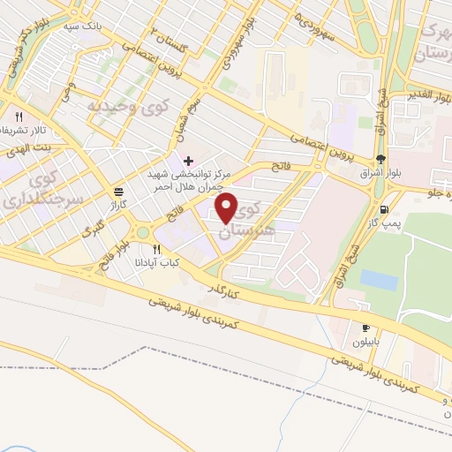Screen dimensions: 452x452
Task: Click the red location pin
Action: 227,208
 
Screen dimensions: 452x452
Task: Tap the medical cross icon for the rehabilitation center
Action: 188,160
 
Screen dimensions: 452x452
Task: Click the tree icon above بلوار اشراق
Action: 380,160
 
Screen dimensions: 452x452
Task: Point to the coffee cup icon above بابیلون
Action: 365,328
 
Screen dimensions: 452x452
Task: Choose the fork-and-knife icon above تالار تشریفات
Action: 18,116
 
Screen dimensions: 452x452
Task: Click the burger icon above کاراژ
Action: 118,190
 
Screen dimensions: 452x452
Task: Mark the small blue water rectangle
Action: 379,280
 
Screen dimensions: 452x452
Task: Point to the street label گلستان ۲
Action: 167,36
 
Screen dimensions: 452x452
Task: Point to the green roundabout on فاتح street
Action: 141,233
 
